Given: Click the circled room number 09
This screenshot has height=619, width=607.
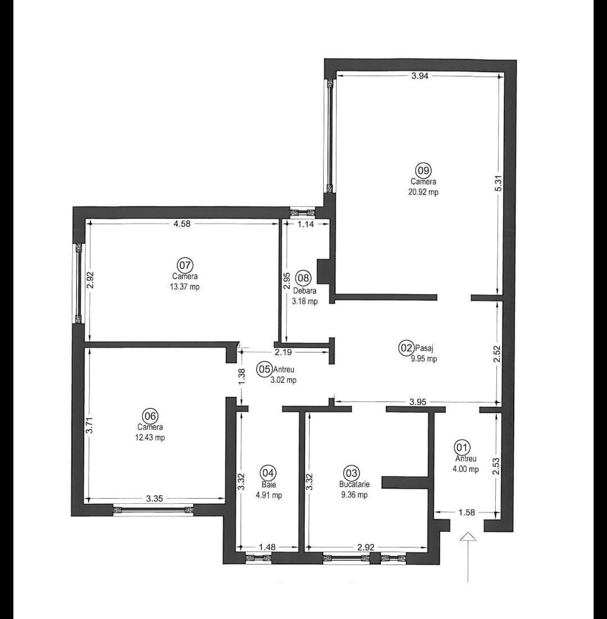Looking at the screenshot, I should click(423, 170).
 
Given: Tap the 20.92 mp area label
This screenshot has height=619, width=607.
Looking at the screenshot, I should click(424, 193).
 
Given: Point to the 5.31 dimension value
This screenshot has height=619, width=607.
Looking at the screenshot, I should click(498, 182).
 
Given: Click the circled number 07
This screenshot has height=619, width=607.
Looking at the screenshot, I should click(185, 265).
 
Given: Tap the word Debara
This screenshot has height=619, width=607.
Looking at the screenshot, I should click(304, 291).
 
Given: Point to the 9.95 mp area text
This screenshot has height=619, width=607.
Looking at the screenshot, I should click(424, 359).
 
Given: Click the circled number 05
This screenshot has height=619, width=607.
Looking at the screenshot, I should click(264, 369).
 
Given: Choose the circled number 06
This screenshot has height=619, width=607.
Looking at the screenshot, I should click(150, 416).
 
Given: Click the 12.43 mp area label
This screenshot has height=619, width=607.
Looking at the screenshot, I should click(151, 437).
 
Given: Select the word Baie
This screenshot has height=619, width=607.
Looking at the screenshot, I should click(268, 484).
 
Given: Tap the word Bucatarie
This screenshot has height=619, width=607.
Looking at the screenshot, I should click(354, 484).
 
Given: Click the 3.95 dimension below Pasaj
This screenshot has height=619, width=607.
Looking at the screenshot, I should click(418, 402).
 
